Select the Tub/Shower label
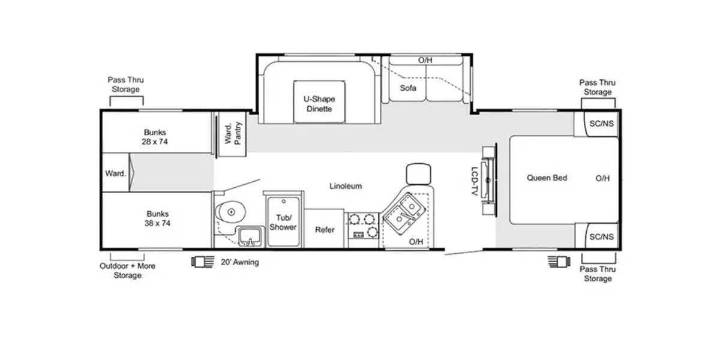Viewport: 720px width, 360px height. tap(283, 223)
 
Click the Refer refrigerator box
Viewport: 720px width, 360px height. tap(325, 230)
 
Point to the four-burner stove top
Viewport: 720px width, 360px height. tap(364, 226)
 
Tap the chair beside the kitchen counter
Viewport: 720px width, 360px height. tap(418, 173)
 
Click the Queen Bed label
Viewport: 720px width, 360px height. tap(547, 178)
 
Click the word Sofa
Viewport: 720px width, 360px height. tap(409, 88)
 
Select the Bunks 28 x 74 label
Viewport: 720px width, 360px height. tap(155, 137)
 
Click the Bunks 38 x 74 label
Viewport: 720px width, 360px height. tap(157, 218)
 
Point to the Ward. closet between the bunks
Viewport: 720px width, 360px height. tap(116, 173)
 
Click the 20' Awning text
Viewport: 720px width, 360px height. tap(240, 262)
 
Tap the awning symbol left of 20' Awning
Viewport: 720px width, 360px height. tap(202, 262)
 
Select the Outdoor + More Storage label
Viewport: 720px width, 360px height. tap(127, 271)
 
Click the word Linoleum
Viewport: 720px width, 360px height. tap(346, 186)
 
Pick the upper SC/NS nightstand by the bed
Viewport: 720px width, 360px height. tap(601, 124)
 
